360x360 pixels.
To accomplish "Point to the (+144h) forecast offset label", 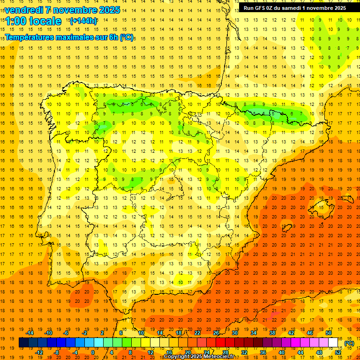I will click(x=83, y=21).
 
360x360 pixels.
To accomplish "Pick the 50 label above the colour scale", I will click(x=329, y=333).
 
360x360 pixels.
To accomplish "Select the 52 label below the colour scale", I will click(x=338, y=352).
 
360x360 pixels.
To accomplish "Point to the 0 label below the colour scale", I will click(x=93, y=352).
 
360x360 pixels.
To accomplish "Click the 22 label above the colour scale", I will click(x=197, y=333).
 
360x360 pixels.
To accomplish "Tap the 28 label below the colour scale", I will click(x=225, y=352).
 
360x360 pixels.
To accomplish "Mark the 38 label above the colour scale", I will click(x=272, y=333).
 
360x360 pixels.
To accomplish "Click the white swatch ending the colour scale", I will click(x=333, y=343).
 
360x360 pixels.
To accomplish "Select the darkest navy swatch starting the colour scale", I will click(x=23, y=343).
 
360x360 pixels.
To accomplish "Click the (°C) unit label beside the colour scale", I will click(x=349, y=343).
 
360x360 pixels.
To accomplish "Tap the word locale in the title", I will click(x=45, y=21).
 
